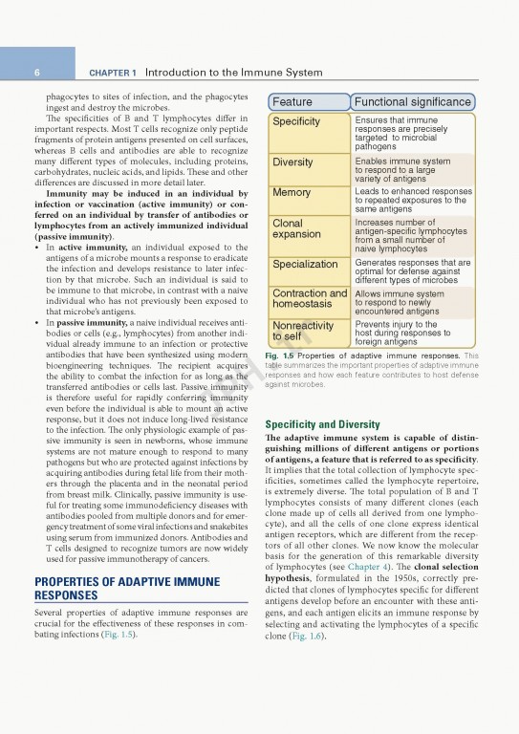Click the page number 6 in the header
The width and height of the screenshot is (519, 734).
36,73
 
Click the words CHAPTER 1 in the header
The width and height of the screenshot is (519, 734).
113,73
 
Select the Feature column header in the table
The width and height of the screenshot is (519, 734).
292,102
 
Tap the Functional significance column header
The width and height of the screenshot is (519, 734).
412,102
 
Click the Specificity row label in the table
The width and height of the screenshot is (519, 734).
296,122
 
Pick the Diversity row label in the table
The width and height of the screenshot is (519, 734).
292,162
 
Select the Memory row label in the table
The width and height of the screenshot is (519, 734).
292,193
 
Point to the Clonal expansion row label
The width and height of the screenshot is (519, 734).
296,229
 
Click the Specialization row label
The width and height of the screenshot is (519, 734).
305,265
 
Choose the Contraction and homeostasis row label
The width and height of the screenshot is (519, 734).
309,298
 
